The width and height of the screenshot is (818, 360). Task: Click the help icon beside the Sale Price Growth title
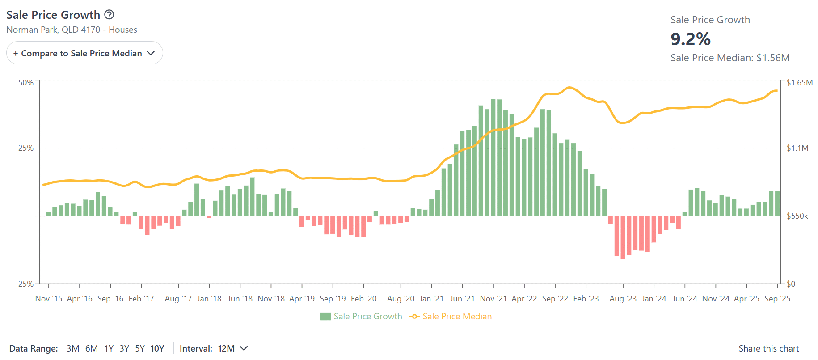tap(109, 15)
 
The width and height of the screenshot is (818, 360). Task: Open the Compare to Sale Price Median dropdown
tap(84, 53)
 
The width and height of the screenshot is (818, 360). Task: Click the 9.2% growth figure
tap(690, 39)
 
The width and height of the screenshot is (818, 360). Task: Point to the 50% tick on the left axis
tap(26, 83)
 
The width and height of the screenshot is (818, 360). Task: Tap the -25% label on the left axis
tap(25, 284)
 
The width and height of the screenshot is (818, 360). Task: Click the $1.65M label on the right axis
tap(799, 83)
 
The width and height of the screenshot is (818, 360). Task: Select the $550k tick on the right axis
tap(797, 216)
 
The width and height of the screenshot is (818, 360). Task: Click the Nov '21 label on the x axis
tap(493, 299)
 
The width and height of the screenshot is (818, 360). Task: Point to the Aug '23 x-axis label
tap(623, 299)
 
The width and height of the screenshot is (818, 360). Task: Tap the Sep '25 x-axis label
tap(777, 299)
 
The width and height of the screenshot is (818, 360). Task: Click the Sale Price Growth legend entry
tap(361, 317)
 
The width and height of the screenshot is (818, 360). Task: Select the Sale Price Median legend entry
tap(451, 317)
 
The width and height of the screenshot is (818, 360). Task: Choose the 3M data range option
tap(73, 349)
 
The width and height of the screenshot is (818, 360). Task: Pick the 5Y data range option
tap(140, 349)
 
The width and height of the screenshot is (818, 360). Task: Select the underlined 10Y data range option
tap(157, 349)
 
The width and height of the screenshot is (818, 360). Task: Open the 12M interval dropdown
tap(232, 349)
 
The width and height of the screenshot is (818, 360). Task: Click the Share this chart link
tap(768, 349)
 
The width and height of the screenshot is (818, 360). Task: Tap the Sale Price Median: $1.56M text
tap(729, 58)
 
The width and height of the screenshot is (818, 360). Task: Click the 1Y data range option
tap(109, 349)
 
